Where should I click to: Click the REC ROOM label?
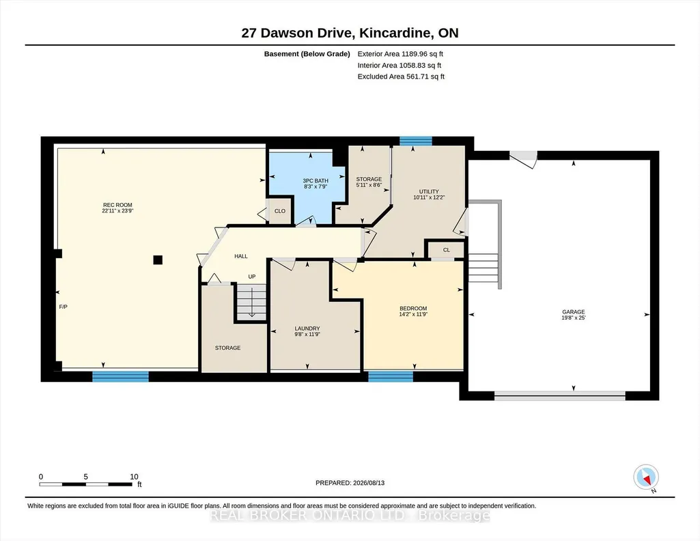pos(118,206)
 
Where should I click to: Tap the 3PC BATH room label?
pos(316,181)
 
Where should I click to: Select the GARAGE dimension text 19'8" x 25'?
pos(573,318)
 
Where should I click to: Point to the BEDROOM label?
pos(413,309)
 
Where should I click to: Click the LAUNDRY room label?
pos(307,329)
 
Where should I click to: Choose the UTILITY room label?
pos(429,191)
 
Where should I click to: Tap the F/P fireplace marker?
pos(64,307)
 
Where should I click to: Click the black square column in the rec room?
pos(158,260)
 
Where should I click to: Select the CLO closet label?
pos(280,211)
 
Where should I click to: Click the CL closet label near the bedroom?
pos(447,250)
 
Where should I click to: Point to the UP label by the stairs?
pos(252,277)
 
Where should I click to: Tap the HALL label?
pos(241,256)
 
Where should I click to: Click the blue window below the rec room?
pos(120,377)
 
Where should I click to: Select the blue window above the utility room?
pos(416,141)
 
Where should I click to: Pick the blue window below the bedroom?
pos(391,377)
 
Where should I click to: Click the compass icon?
pos(646,477)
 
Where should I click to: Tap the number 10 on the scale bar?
pos(134,477)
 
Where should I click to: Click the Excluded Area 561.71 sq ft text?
pos(401,77)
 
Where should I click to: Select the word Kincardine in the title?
pos(396,33)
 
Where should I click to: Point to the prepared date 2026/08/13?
pos(369,482)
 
